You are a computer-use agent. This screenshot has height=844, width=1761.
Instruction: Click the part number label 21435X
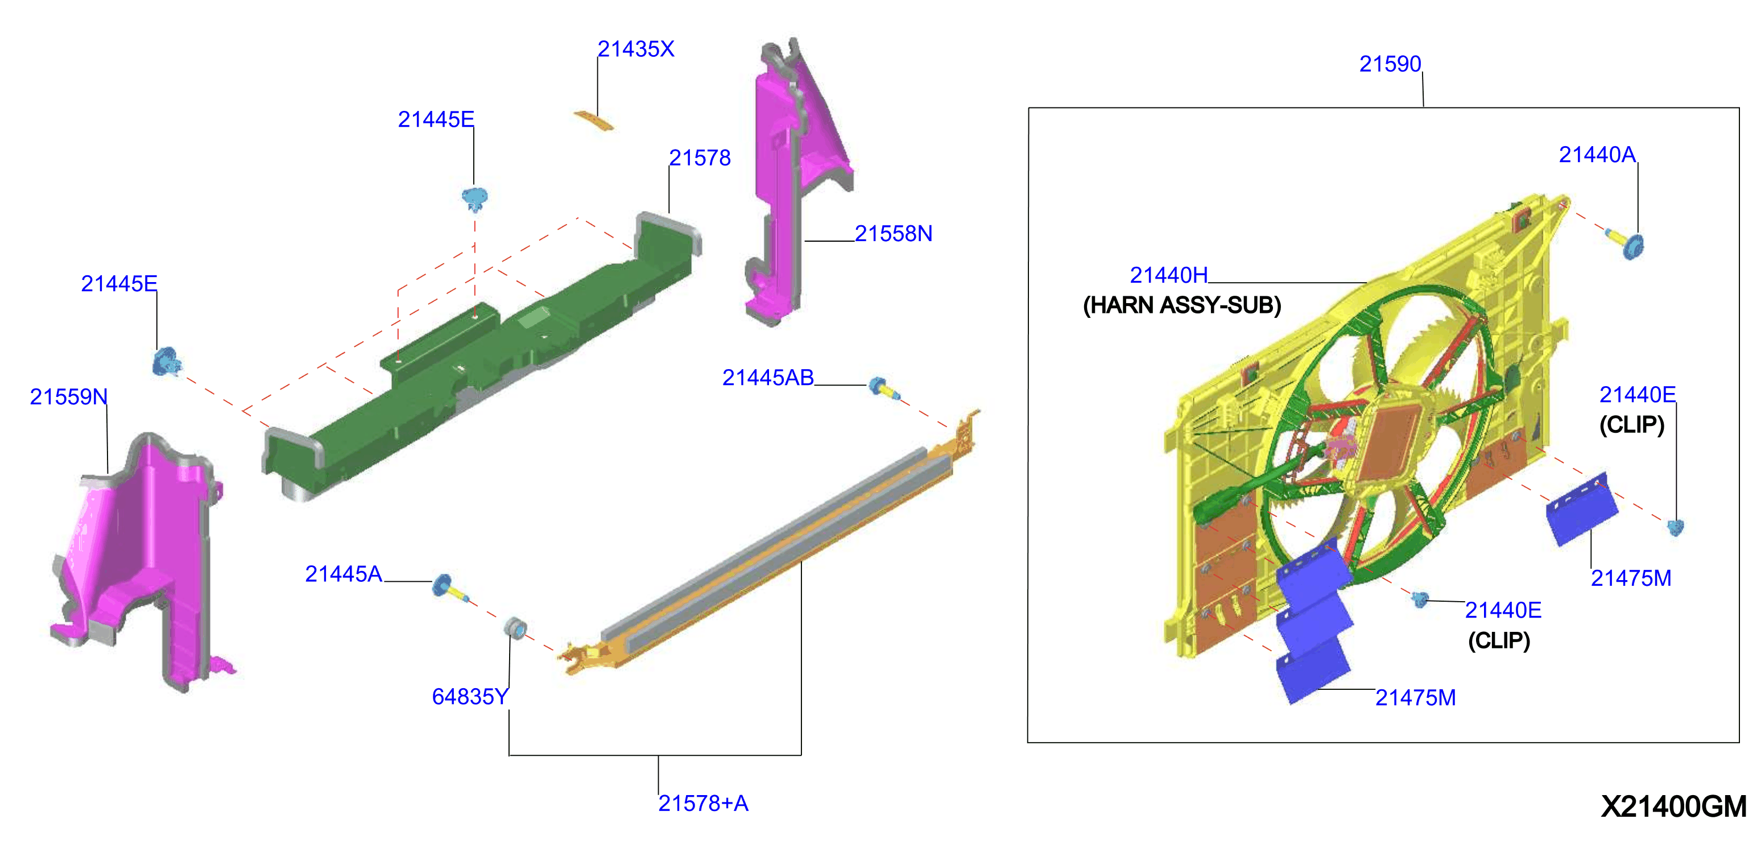[x=636, y=49]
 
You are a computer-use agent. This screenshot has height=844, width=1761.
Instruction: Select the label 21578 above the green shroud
[x=700, y=158]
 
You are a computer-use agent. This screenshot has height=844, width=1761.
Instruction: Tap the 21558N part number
[x=894, y=234]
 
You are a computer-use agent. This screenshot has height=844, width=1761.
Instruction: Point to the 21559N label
[x=68, y=396]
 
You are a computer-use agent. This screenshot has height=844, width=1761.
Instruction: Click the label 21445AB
[x=768, y=377]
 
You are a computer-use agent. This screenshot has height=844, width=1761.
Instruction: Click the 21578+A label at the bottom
[x=703, y=803]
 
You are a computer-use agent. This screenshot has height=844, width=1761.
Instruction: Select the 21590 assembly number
[x=1390, y=64]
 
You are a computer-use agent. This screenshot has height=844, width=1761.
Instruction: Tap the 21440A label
[x=1597, y=155]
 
